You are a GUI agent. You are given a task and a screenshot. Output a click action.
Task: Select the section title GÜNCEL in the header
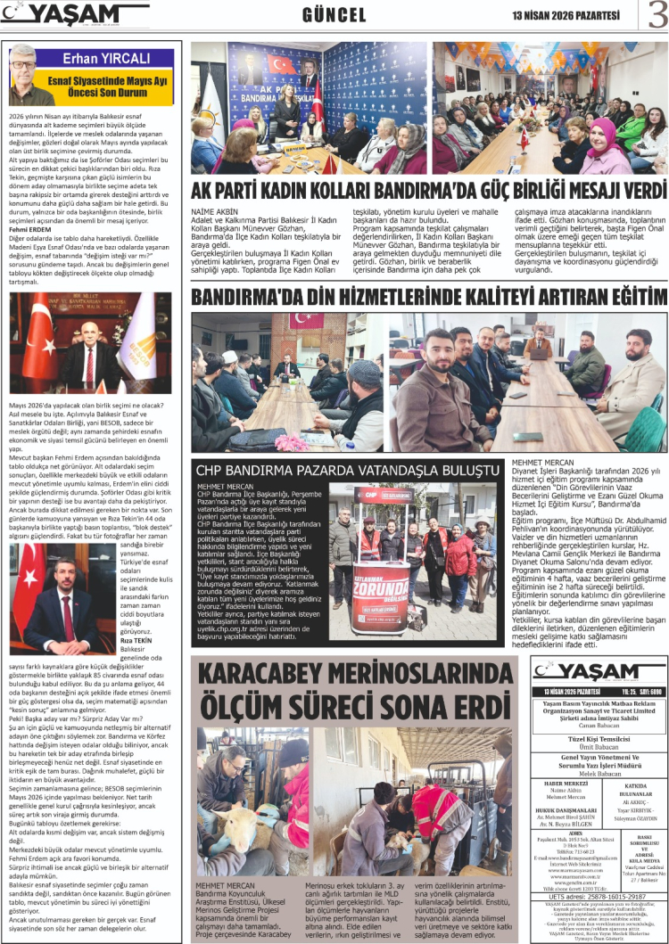pyautogui.click(x=334, y=15)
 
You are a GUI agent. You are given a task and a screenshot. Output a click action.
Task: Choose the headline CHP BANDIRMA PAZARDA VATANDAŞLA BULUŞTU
pyautogui.click(x=348, y=470)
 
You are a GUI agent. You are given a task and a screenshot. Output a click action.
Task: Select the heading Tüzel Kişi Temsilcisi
pyautogui.click(x=586, y=740)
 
